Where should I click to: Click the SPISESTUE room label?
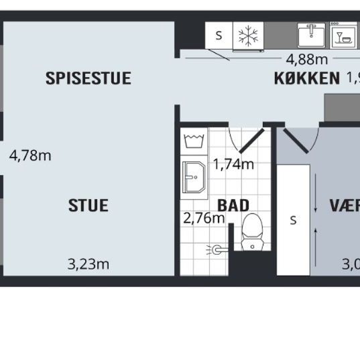point(88,78)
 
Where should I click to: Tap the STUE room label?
point(88,205)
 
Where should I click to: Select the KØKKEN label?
point(306,78)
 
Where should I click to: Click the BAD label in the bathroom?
point(233,205)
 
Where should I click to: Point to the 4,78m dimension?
point(30,156)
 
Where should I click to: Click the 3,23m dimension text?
point(88,264)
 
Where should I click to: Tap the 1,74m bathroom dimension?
point(233,164)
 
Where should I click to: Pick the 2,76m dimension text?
point(204,218)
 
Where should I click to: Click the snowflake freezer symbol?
point(249,36)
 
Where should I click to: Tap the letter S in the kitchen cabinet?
point(219,36)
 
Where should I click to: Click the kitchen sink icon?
point(312,35)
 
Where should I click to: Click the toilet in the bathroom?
point(252,231)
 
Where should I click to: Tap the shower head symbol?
point(216,249)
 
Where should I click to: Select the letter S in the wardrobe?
point(293,221)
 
